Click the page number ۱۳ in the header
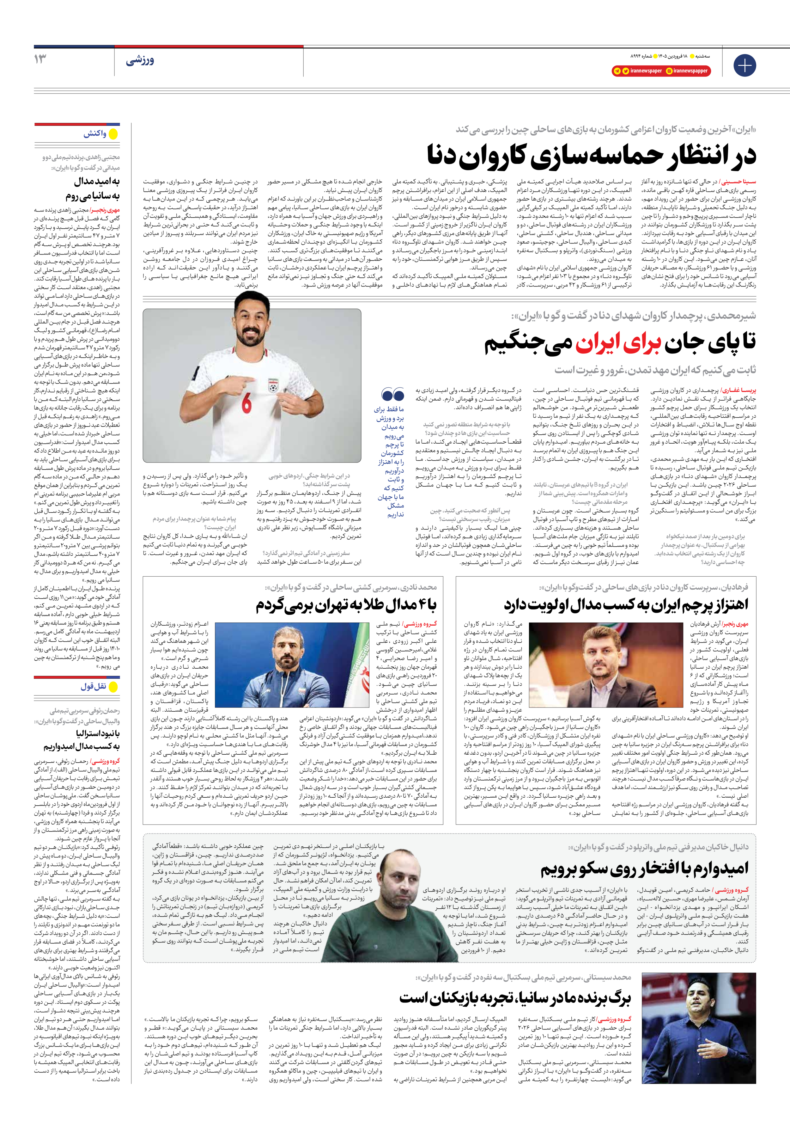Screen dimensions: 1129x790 coord(41,59)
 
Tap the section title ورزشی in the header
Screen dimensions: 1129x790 coord(140,61)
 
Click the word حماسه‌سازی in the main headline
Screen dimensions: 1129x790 coord(578,155)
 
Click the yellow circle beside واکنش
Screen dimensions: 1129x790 coord(113,134)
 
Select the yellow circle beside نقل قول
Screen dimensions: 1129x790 coord(113,687)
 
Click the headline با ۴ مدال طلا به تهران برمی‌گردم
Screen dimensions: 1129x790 coord(346,605)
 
